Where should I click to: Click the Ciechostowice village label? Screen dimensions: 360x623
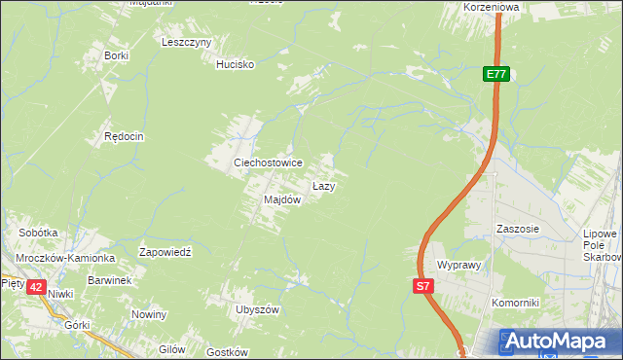267,162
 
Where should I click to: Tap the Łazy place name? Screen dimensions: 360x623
324,185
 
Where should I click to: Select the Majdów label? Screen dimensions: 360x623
281,199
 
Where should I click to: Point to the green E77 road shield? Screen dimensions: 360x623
496,74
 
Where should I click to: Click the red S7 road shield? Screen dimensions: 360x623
422,286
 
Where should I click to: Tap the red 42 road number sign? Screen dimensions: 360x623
36,287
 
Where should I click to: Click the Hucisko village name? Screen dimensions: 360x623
235,64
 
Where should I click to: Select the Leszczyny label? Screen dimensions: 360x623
187,43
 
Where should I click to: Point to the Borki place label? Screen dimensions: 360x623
116,55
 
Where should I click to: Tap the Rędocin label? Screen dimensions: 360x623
124,137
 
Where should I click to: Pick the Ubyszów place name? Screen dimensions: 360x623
257,309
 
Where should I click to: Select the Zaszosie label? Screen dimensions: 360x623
517,229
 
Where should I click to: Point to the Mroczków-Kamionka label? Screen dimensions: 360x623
65,259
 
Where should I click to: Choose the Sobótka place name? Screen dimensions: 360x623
39,234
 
